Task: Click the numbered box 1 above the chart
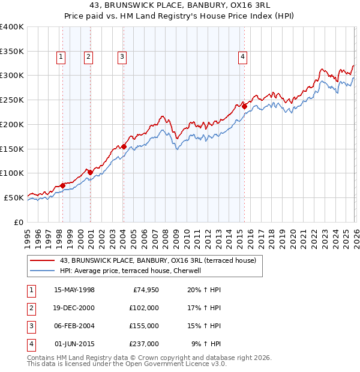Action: click(x=62, y=57)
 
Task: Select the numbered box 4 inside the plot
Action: click(x=243, y=57)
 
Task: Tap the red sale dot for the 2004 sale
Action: click(x=123, y=146)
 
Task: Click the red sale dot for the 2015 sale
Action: click(x=244, y=106)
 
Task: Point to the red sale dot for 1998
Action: click(x=62, y=185)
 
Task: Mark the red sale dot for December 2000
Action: click(x=90, y=172)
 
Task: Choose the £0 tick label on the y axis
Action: click(x=20, y=222)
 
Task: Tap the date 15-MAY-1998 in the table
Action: click(x=74, y=290)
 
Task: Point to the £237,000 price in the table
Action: click(x=144, y=344)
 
